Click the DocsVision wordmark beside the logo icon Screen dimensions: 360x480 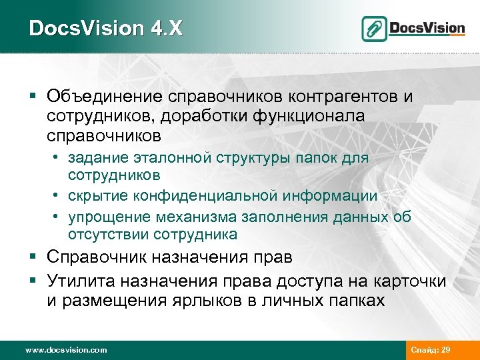pos(427,28)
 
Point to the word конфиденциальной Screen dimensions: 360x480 pos(205,196)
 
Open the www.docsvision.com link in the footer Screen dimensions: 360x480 pos(65,349)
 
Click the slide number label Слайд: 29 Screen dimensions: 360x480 pos(431,349)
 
